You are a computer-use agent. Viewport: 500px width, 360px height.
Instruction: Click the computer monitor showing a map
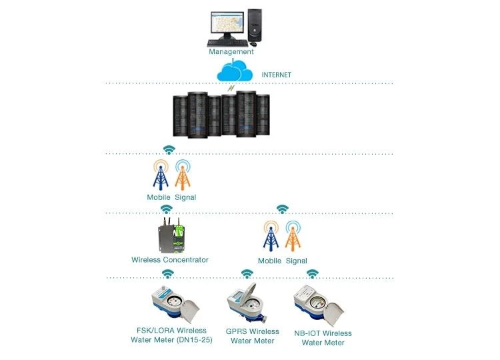(x=227, y=25)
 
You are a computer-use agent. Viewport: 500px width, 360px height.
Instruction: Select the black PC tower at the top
(x=255, y=25)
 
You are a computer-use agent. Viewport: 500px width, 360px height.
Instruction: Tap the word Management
(x=231, y=51)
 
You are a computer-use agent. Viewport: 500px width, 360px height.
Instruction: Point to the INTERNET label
(x=277, y=75)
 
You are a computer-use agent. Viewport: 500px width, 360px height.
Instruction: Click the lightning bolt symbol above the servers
(x=231, y=87)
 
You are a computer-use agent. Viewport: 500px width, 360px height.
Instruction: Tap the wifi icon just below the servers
(x=169, y=149)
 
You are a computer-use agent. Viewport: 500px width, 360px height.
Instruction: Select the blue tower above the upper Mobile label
(x=161, y=175)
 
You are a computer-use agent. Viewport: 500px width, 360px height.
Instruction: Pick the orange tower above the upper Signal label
(x=183, y=175)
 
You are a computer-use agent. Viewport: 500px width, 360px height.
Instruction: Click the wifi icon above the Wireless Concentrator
(x=167, y=209)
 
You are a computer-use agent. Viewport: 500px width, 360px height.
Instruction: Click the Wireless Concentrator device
(x=171, y=235)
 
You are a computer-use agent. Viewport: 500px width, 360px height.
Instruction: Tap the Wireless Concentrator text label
(x=170, y=260)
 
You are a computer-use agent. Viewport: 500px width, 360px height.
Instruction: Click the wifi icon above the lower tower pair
(x=283, y=209)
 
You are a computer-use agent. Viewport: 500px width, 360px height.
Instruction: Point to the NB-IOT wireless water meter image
(x=318, y=305)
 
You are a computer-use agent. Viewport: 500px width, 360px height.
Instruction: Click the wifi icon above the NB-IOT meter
(x=313, y=273)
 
